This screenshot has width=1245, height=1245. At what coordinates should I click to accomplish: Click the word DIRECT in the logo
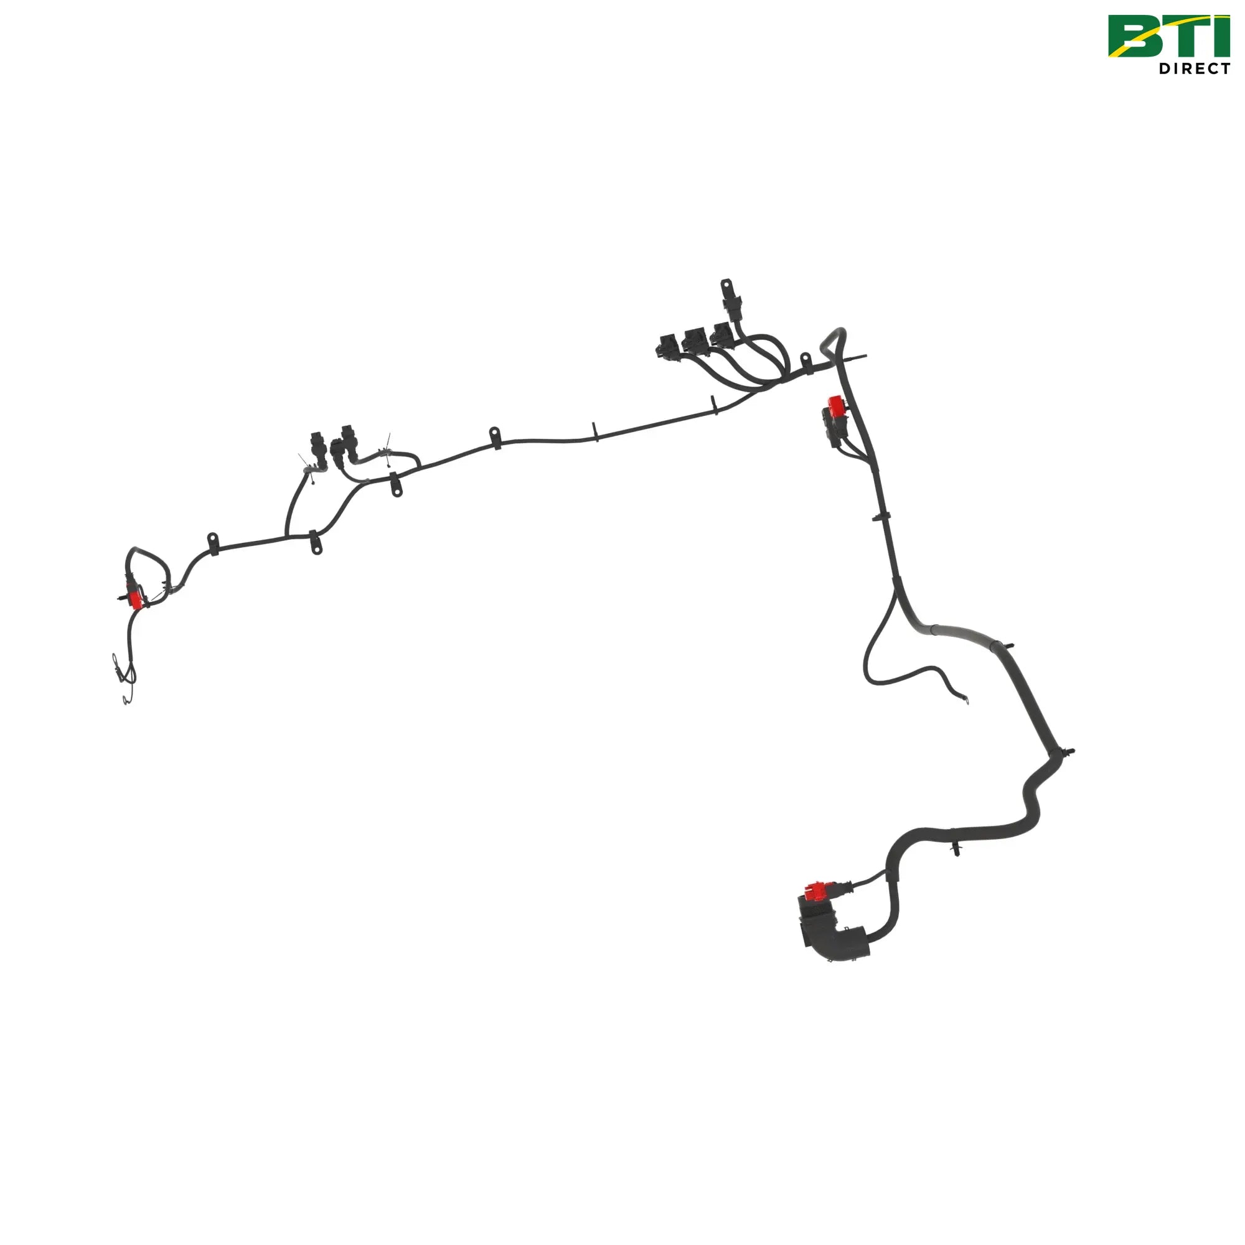point(1195,68)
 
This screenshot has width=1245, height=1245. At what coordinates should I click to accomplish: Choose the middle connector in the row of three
point(695,341)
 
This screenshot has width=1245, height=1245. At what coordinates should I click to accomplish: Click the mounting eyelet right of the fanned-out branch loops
point(805,360)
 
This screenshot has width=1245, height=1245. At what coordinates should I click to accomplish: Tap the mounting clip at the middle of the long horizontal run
point(495,437)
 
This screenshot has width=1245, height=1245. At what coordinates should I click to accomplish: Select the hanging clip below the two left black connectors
point(396,484)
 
